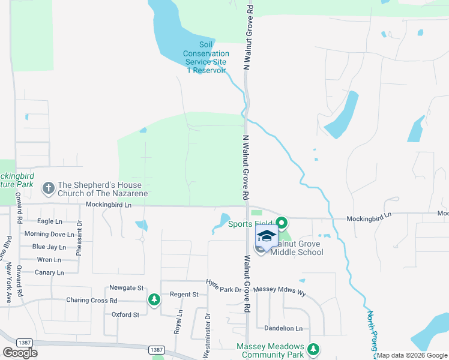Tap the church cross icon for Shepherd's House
(x=48, y=189)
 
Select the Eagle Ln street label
(x=50, y=221)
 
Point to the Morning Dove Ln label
(x=49, y=234)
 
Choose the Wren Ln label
(x=49, y=260)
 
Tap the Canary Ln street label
(x=49, y=272)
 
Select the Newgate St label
(x=127, y=288)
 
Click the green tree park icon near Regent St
(x=154, y=299)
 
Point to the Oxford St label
(x=125, y=314)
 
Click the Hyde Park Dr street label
(x=223, y=286)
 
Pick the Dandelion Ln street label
(x=284, y=328)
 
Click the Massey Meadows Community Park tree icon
(x=313, y=349)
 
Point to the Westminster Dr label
(x=207, y=336)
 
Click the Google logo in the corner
(x=20, y=353)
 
